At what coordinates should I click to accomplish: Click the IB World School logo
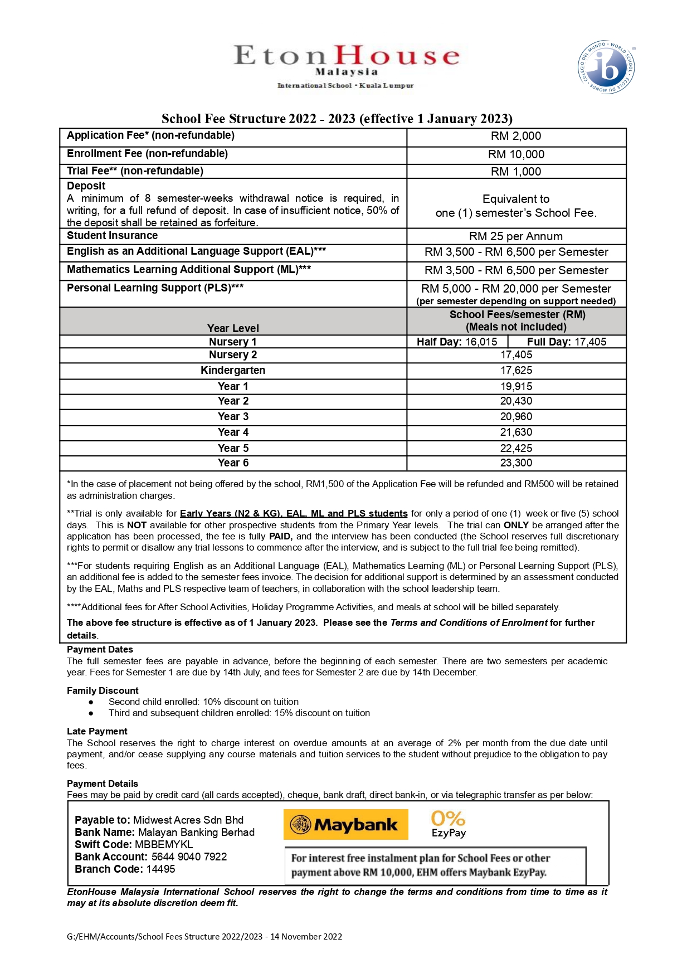tap(606, 67)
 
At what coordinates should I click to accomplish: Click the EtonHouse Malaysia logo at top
tap(346, 66)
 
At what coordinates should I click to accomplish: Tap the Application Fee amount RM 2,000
tap(516, 137)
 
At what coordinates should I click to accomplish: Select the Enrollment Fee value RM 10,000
tap(516, 155)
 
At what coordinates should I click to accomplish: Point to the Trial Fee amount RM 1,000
tap(516, 172)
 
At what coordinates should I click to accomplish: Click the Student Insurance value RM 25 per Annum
tap(516, 236)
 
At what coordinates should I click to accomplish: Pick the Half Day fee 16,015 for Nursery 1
tap(457, 342)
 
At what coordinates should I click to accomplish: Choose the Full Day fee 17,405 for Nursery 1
tap(567, 342)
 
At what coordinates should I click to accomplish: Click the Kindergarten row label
tap(233, 371)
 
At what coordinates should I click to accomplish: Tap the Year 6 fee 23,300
tap(516, 463)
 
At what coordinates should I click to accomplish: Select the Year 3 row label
tap(233, 417)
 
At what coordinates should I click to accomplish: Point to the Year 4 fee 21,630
tap(516, 432)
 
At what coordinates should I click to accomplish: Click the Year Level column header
tap(233, 329)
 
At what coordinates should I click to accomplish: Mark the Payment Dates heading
tap(100, 650)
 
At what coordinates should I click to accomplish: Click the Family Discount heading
tap(103, 691)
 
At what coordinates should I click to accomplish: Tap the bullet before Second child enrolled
tap(91, 702)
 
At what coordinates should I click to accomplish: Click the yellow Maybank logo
tap(346, 825)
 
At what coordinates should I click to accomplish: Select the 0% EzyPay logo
tap(449, 824)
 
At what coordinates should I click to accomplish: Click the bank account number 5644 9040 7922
tap(189, 857)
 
